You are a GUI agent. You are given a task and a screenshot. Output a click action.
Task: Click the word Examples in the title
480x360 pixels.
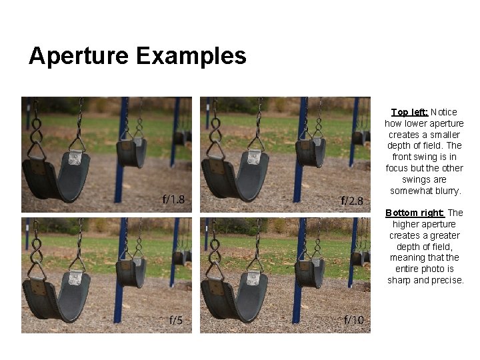[191, 56]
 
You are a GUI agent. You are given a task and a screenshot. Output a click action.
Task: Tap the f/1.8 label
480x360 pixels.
[174, 199]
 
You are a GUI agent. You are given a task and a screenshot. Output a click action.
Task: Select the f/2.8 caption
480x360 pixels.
[352, 200]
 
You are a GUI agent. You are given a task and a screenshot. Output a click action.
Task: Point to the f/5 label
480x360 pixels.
[175, 321]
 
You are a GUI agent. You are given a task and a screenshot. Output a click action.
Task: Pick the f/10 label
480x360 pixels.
[353, 320]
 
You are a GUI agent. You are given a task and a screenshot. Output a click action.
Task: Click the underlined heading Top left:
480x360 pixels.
[409, 112]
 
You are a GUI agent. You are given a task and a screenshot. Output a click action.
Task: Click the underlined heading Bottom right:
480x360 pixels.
[415, 213]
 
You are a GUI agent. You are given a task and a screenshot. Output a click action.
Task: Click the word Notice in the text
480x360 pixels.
[445, 112]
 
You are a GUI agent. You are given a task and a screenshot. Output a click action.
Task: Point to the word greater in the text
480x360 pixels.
[445, 235]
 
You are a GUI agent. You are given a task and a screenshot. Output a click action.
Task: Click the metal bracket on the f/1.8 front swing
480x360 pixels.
[75, 157]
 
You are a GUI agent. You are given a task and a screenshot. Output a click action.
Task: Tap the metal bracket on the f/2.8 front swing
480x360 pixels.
[254, 157]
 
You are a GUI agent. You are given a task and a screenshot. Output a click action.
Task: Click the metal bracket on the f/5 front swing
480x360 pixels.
[77, 277]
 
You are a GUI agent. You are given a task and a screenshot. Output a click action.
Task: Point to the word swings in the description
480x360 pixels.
[416, 179]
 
